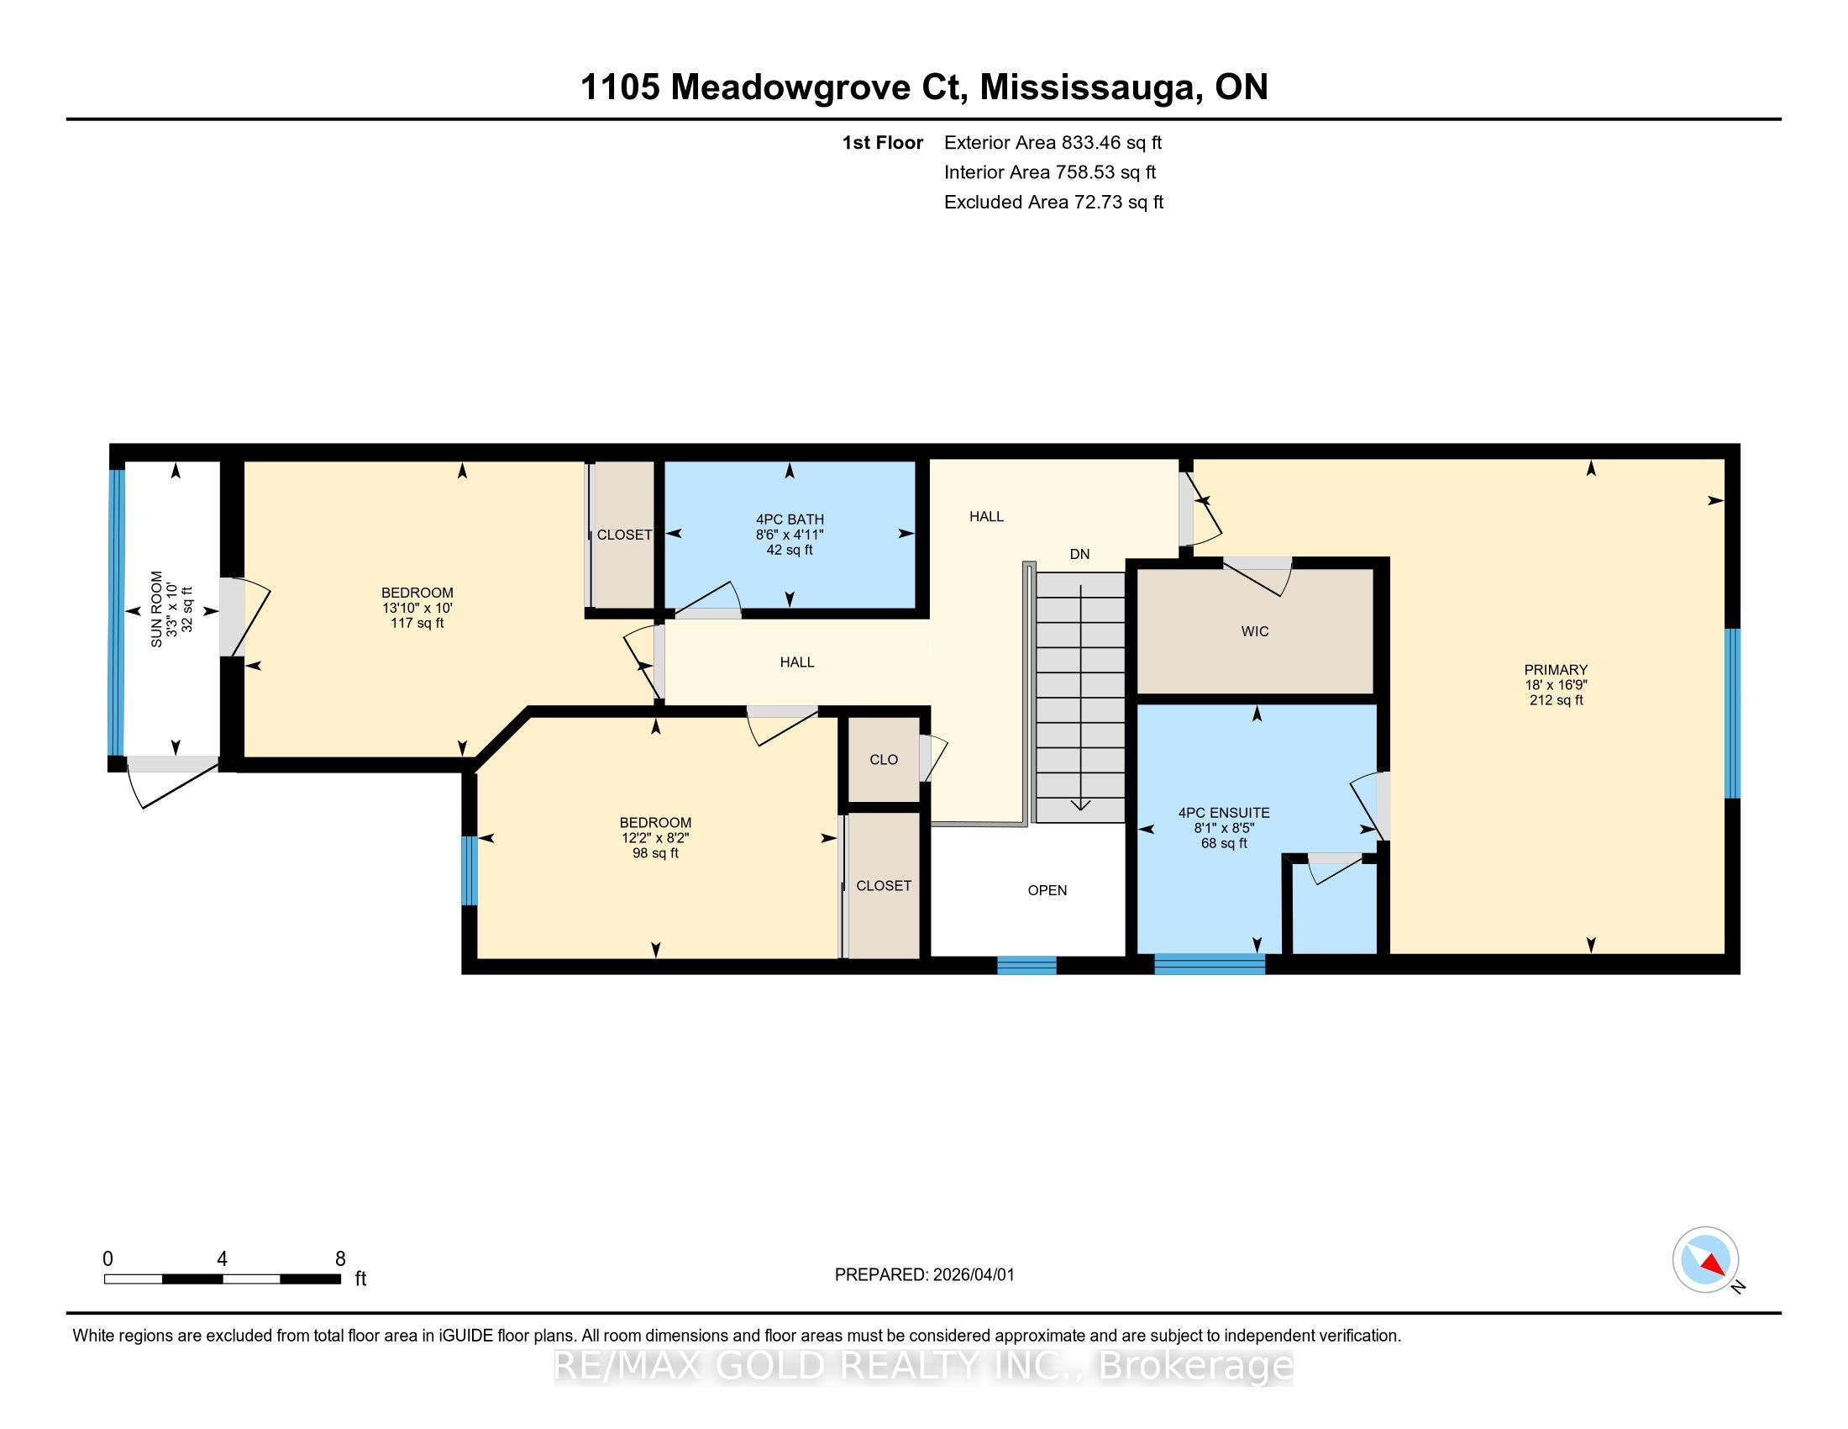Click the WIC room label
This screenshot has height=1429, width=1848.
pos(1255,631)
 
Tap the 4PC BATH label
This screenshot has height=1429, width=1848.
pos(790,519)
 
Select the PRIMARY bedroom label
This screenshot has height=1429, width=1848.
pos(1556,670)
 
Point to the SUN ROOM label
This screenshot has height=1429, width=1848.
pos(156,609)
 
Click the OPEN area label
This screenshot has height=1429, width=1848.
pos(1047,890)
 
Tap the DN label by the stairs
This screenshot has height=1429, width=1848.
pos(1079,555)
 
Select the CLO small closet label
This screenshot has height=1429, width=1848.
pos(884,759)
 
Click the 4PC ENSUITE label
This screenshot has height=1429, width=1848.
pos(1224,813)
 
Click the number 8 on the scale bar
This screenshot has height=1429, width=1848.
pos(340,1259)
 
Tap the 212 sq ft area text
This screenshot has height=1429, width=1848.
pos(1556,700)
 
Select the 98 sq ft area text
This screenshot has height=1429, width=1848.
pos(655,853)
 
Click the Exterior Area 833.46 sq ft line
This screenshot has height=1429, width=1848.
pos(1053,143)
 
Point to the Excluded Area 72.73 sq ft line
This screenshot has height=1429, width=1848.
pos(1053,203)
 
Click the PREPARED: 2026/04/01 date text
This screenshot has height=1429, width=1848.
pos(924,1275)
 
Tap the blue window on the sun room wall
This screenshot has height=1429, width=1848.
pos(117,612)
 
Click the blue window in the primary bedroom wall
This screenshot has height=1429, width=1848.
pos(1732,713)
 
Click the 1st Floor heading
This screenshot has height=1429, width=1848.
pos(883,143)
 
